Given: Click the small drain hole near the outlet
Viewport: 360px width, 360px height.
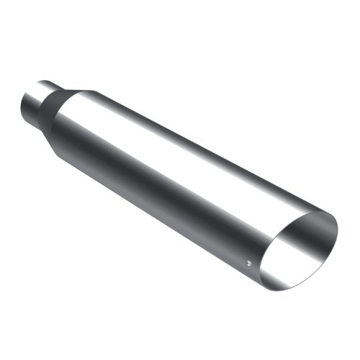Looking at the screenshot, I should point(248,262).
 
